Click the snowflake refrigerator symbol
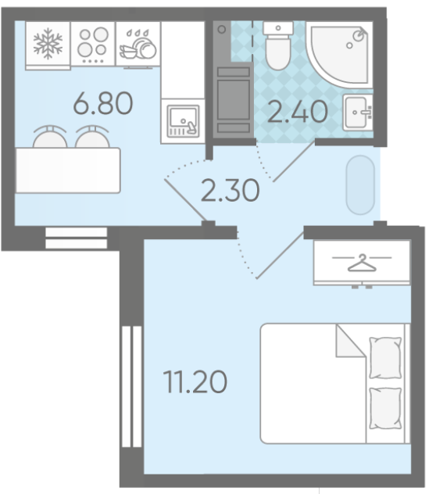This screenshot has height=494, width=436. point(48,44)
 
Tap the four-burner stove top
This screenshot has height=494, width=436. point(93,44)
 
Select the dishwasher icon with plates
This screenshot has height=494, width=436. point(138,45)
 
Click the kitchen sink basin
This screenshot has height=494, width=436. point(183,121)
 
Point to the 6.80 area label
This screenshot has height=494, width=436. point(103,103)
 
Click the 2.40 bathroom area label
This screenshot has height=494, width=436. point(298,112)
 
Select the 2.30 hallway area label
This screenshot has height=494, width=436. point(231,190)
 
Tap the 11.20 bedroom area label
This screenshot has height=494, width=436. point(195,382)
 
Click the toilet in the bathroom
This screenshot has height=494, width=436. point(278,45)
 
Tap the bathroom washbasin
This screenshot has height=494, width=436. point(358,112)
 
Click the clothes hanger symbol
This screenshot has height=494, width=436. point(362,263)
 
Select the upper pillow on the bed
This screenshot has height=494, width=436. point(385,357)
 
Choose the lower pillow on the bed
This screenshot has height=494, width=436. point(385,408)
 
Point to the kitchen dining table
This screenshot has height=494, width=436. point(68,170)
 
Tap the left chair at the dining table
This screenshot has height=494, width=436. point(50,137)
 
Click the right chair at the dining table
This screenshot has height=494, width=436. point(92,137)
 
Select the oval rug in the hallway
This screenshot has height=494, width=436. point(360,185)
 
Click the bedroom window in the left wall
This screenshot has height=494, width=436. point(132,386)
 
